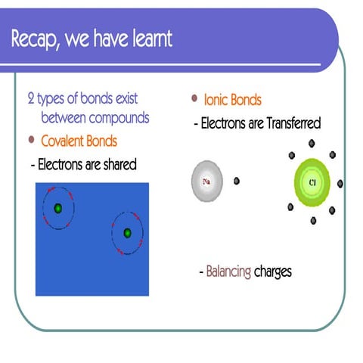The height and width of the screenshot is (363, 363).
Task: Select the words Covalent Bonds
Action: pos(79,141)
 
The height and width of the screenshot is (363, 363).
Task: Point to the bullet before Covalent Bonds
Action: pos(31,140)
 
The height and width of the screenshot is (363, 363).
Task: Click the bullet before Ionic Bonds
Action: pos(195,98)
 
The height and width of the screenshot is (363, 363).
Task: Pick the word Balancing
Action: pos(228,271)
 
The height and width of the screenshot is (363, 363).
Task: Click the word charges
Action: pos(273,271)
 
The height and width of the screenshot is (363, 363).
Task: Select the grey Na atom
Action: pos(207,181)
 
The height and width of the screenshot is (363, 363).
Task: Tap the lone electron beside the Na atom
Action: pos(237,181)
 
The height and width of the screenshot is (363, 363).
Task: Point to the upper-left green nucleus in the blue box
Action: pos(57,208)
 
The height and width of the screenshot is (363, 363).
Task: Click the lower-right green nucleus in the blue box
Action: pos(127,233)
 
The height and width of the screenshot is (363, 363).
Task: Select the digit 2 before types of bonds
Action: pos(30,99)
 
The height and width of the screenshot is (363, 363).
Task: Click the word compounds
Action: pos(118,118)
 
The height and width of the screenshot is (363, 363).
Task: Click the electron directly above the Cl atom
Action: pos(311,143)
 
